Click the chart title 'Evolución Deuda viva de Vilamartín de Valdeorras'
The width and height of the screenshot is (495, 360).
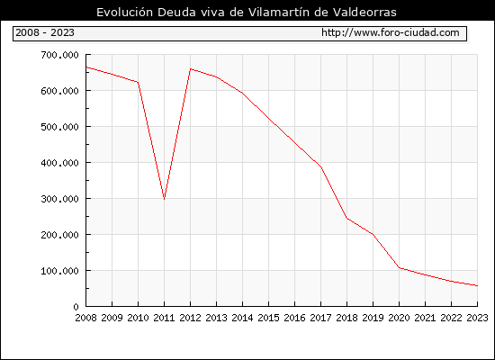pyautogui.click(x=247, y=12)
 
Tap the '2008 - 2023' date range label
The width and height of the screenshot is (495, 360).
pyautogui.click(x=45, y=32)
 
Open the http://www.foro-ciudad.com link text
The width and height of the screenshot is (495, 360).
pyautogui.click(x=391, y=32)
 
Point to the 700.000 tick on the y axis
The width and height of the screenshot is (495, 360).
pyautogui.click(x=59, y=55)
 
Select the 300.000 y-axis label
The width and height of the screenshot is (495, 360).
pyautogui.click(x=59, y=199)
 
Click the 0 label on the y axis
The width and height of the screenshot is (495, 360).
pyautogui.click(x=76, y=307)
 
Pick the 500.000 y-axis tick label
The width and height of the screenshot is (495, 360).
pyautogui.click(x=59, y=127)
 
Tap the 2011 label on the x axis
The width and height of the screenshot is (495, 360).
pyautogui.click(x=164, y=318)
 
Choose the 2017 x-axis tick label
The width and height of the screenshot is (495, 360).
pyautogui.click(x=320, y=318)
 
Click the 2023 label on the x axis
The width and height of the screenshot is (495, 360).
pyautogui.click(x=477, y=318)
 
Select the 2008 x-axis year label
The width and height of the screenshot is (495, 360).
pyautogui.click(x=85, y=318)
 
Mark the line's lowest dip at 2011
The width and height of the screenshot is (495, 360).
pyautogui.click(x=164, y=199)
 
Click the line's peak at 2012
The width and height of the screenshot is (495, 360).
pyautogui.click(x=191, y=68)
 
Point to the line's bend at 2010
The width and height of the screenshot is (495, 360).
pyautogui.click(x=138, y=82)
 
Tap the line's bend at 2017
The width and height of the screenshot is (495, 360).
pyautogui.click(x=320, y=167)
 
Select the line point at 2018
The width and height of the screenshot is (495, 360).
pyautogui.click(x=346, y=218)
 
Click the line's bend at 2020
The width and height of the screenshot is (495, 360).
pyautogui.click(x=400, y=268)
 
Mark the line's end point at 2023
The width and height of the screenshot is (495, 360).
pyautogui.click(x=477, y=286)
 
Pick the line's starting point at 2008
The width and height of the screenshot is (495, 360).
pyautogui.click(x=86, y=67)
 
